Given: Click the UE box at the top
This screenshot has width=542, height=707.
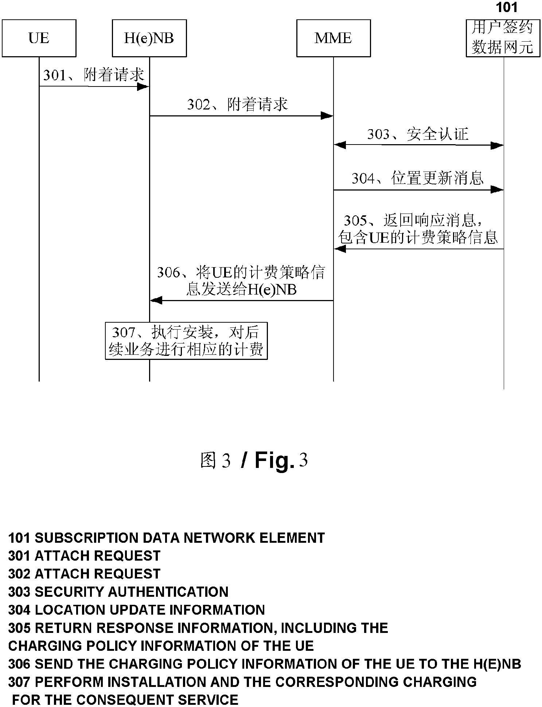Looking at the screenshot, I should tap(39, 38).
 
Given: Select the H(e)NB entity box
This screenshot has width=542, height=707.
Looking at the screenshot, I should tap(149, 38).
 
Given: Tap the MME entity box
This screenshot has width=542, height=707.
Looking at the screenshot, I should tap(333, 38).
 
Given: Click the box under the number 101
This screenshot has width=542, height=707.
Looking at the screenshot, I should tap(503, 38).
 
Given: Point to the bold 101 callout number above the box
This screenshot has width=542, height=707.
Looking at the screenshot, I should tap(507, 7).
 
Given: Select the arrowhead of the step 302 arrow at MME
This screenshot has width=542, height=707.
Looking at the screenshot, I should tap(327, 116).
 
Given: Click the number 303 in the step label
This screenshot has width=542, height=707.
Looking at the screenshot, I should tap(378, 134).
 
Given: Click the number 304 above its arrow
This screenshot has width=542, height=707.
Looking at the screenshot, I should tap(363, 178).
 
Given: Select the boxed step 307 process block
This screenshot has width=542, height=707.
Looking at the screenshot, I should tap(186, 341).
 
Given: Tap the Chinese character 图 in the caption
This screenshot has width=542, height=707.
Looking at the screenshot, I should tap(208, 460).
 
